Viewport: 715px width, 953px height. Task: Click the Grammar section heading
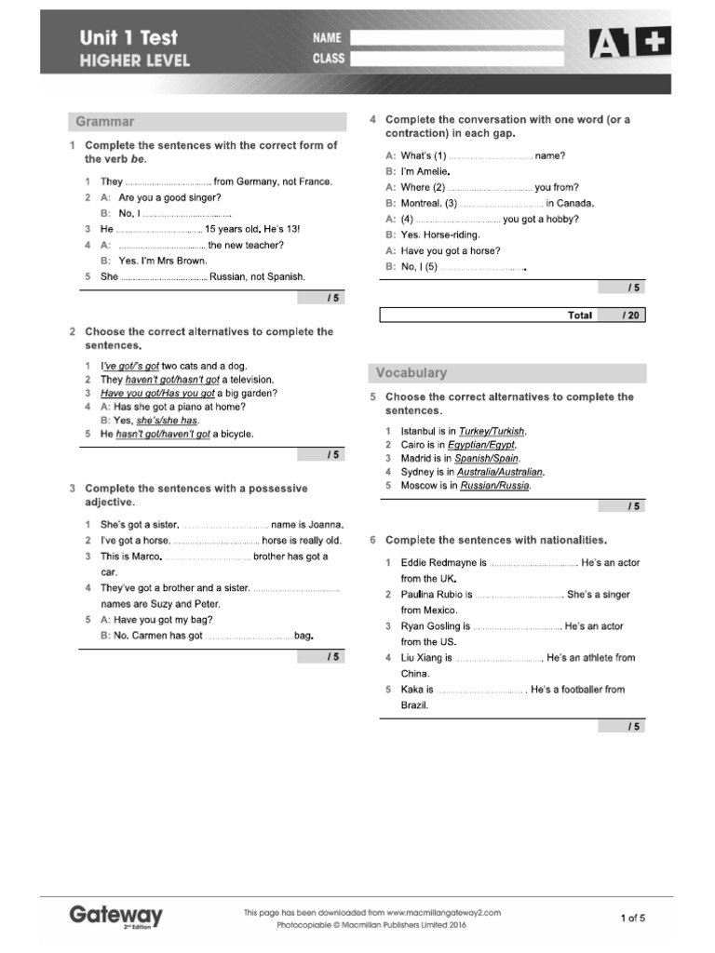tap(105, 122)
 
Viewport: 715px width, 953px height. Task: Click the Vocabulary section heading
tap(411, 373)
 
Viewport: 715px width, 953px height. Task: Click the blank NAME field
tap(456, 38)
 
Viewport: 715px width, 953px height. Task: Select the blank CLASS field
tap(456, 59)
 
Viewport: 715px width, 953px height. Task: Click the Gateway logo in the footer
tap(115, 916)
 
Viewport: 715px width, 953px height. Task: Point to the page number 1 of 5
tap(632, 919)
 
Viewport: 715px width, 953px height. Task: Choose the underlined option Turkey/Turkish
tap(492, 432)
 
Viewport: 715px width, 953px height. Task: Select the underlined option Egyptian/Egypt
tap(481, 445)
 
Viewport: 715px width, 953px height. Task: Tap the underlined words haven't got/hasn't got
tap(172, 380)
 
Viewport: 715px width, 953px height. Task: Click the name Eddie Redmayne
tap(436, 563)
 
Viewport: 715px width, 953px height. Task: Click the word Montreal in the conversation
tap(422, 203)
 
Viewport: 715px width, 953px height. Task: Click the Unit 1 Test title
tap(128, 38)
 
